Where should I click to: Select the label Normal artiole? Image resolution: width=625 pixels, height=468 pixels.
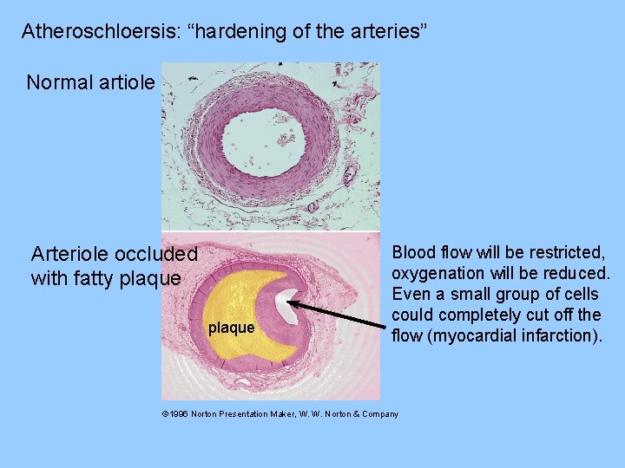[91, 83]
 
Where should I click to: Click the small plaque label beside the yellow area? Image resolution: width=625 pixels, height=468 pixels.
[231, 328]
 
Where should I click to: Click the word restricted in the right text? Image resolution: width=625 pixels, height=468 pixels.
[564, 253]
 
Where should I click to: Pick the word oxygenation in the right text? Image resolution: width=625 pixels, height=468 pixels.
[437, 274]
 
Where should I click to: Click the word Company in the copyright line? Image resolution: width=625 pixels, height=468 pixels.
[378, 414]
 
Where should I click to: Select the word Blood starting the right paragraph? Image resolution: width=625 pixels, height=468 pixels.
[414, 253]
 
